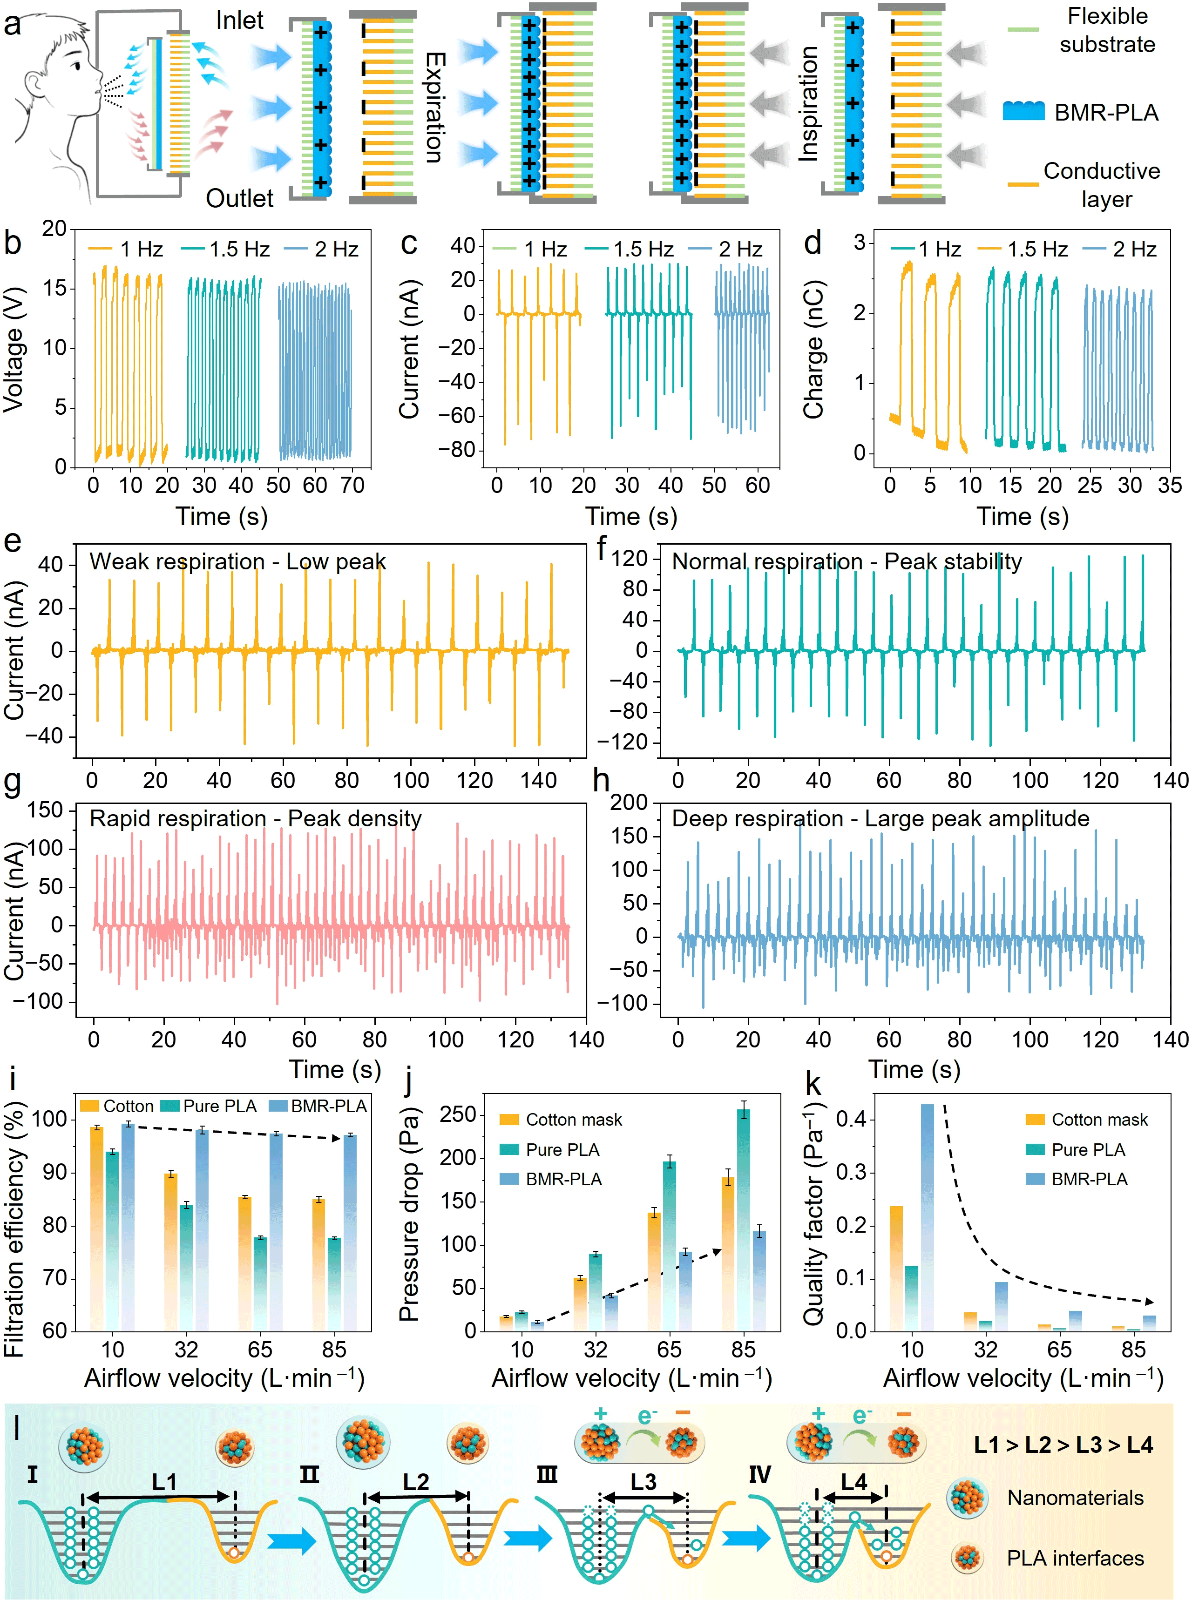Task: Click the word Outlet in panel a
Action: pyautogui.click(x=239, y=198)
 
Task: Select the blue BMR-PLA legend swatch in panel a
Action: pyautogui.click(x=1023, y=111)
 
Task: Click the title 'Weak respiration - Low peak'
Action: pyautogui.click(x=237, y=562)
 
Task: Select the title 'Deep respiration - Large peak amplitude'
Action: pyautogui.click(x=880, y=819)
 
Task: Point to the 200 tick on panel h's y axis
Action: pyautogui.click(x=629, y=803)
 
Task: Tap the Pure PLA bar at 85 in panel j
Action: pyautogui.click(x=743, y=1219)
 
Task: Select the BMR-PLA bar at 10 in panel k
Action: pyautogui.click(x=927, y=1218)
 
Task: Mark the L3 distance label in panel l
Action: pyautogui.click(x=643, y=1482)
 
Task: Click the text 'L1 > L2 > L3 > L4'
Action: pyautogui.click(x=1063, y=1445)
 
